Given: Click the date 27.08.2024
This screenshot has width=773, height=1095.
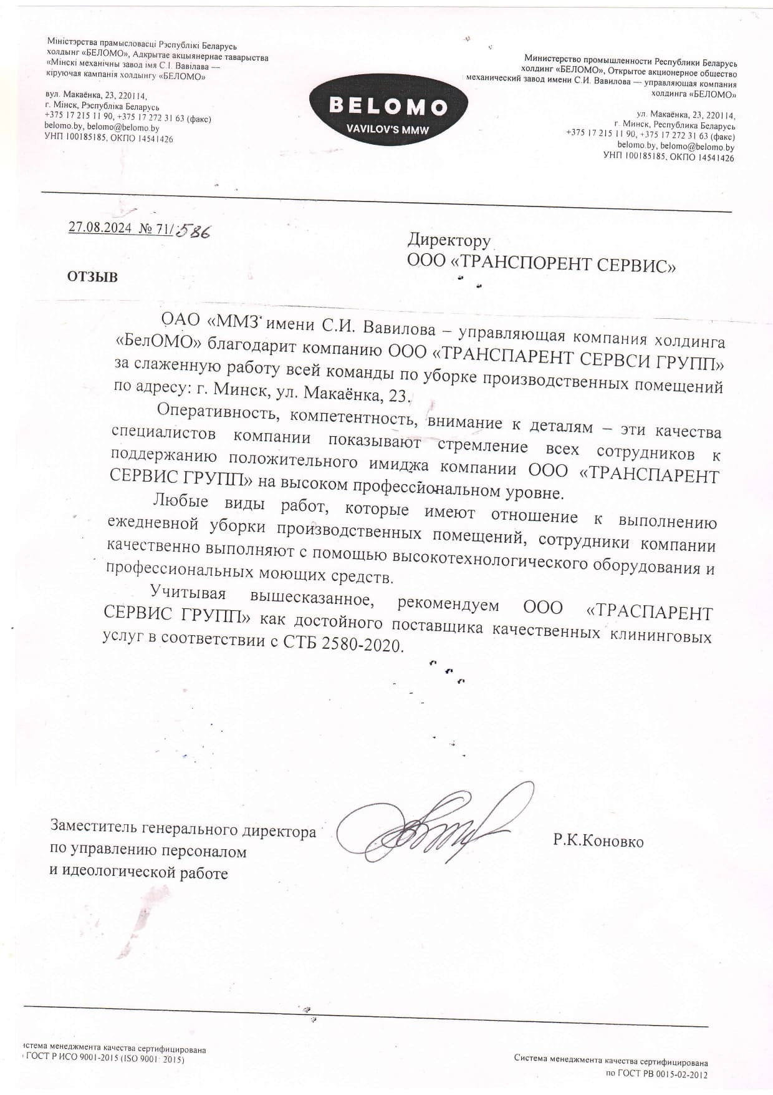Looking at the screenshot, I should [x=100, y=227].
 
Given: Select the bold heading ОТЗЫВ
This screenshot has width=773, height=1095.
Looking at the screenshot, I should [x=92, y=277].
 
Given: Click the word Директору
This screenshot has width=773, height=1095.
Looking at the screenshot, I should [x=449, y=240].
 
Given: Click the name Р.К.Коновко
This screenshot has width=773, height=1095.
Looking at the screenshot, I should [x=598, y=842].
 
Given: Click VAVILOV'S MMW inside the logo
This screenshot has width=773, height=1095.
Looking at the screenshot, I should [x=388, y=130].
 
